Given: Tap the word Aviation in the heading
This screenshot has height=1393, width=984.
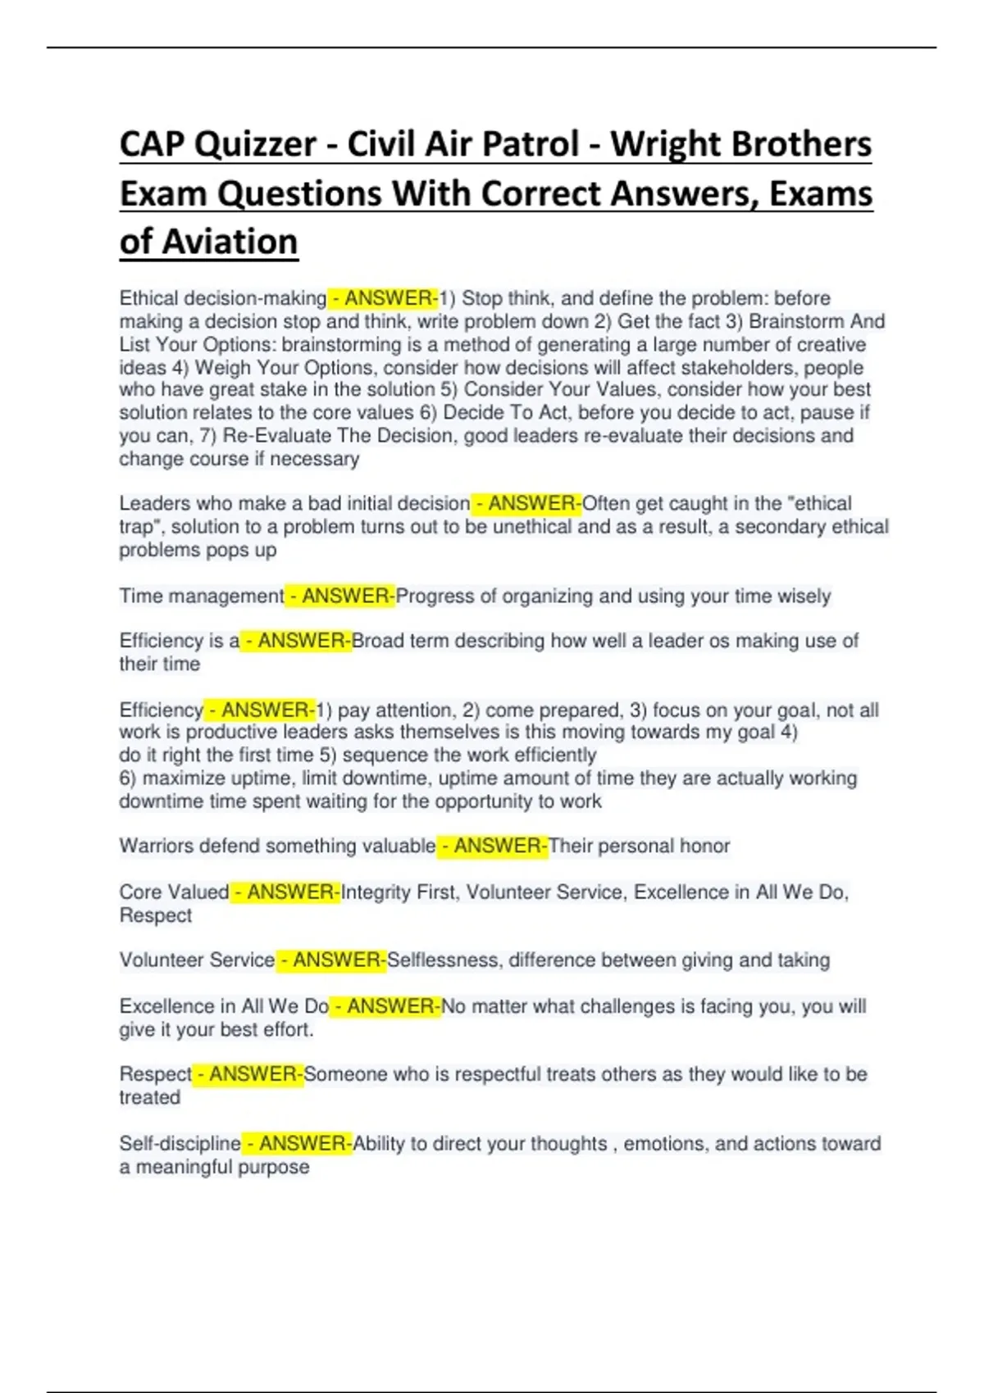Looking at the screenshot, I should [x=230, y=243].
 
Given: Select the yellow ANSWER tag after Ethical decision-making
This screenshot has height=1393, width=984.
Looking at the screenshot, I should [x=384, y=298].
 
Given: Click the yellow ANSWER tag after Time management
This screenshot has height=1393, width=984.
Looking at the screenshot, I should [x=340, y=597].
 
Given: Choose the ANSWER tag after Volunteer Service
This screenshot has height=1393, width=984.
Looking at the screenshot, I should [x=331, y=960].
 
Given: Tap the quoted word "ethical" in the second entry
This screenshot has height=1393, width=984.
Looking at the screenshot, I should [x=817, y=503].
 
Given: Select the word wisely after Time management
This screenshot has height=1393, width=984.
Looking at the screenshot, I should [x=804, y=597].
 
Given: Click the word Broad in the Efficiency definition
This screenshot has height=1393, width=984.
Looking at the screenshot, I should [x=378, y=641].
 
